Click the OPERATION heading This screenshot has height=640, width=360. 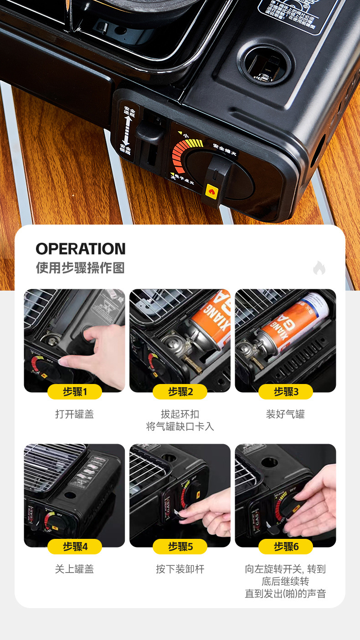click(81, 249)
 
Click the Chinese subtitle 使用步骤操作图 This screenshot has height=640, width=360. click(80, 268)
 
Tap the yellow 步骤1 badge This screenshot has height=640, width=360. click(75, 392)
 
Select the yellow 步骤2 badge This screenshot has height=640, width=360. click(180, 392)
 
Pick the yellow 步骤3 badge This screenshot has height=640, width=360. click(286, 392)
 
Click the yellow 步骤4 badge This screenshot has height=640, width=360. click(75, 547)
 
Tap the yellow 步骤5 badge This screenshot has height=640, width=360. click(180, 547)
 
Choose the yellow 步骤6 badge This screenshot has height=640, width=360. click(286, 547)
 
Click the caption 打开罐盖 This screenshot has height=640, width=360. click(75, 414)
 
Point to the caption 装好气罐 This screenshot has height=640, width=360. click(286, 414)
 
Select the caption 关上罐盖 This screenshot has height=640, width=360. click(75, 569)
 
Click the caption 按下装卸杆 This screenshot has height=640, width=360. click(180, 569)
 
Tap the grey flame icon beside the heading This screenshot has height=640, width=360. click(319, 268)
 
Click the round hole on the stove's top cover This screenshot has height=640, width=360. click(265, 65)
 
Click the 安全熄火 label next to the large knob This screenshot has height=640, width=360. click(224, 149)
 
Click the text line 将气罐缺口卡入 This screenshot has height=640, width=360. click(180, 427)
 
